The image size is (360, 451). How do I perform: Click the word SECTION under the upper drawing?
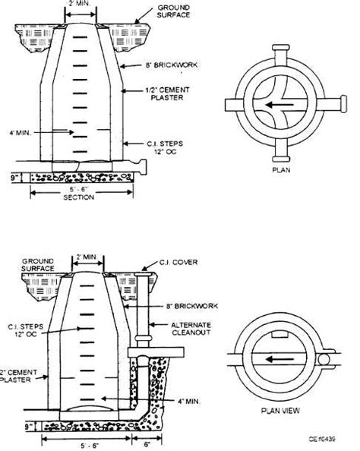coord(80,197)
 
